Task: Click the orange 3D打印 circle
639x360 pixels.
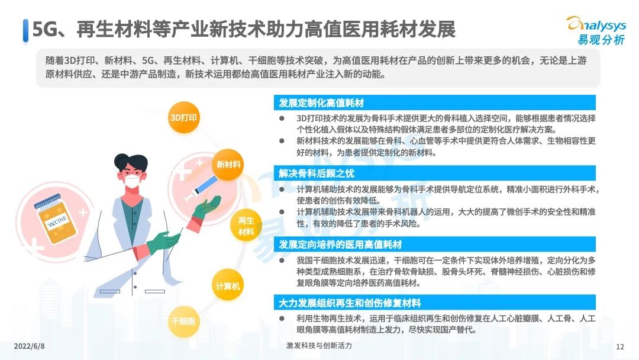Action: [184, 117]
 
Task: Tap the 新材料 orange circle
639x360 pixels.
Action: [228, 164]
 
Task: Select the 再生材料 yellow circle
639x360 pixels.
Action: [246, 226]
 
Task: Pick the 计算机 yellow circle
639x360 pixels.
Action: [228, 285]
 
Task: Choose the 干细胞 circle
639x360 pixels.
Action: [183, 322]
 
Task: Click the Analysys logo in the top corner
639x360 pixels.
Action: [598, 30]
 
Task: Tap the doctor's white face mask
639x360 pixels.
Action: [132, 181]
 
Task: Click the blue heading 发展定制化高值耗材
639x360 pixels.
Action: [321, 103]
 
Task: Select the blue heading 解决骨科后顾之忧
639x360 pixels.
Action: [316, 173]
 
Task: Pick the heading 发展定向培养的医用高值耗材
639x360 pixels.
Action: [340, 244]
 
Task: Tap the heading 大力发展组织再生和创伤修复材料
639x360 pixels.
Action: [350, 303]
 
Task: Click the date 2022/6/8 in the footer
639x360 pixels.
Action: [30, 346]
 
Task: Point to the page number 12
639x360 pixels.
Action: [620, 346]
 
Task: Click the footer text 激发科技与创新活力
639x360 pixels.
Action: [319, 346]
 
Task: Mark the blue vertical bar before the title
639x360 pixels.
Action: [25, 31]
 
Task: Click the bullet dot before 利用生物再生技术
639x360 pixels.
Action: [282, 319]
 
